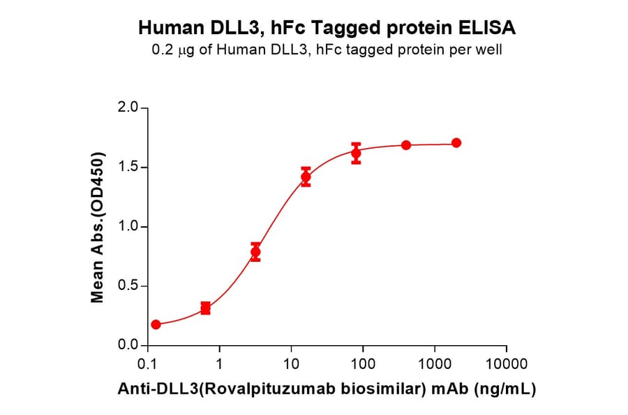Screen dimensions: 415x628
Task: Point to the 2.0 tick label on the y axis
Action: click(128, 108)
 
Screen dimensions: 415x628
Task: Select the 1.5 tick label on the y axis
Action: click(128, 168)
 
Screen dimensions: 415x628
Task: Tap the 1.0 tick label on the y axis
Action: click(128, 227)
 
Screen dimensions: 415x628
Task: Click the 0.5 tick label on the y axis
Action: click(128, 286)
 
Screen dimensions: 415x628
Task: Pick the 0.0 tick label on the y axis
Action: click(128, 345)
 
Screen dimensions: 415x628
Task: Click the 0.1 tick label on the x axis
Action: click(147, 364)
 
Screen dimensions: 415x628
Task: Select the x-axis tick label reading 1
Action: click(220, 364)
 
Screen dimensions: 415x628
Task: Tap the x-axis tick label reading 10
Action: click(291, 364)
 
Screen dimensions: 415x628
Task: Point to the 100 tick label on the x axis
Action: click(363, 364)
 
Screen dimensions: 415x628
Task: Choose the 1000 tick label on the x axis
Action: click(434, 364)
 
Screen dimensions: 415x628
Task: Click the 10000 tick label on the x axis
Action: click(506, 364)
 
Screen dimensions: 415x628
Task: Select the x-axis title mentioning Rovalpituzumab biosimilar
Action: click(327, 389)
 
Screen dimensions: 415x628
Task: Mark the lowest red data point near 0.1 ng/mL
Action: click(156, 324)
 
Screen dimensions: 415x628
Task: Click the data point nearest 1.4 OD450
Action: click(306, 177)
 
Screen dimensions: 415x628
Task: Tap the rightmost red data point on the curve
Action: click(456, 143)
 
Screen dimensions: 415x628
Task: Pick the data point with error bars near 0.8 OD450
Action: click(255, 252)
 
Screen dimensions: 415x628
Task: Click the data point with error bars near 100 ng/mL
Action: click(356, 153)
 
